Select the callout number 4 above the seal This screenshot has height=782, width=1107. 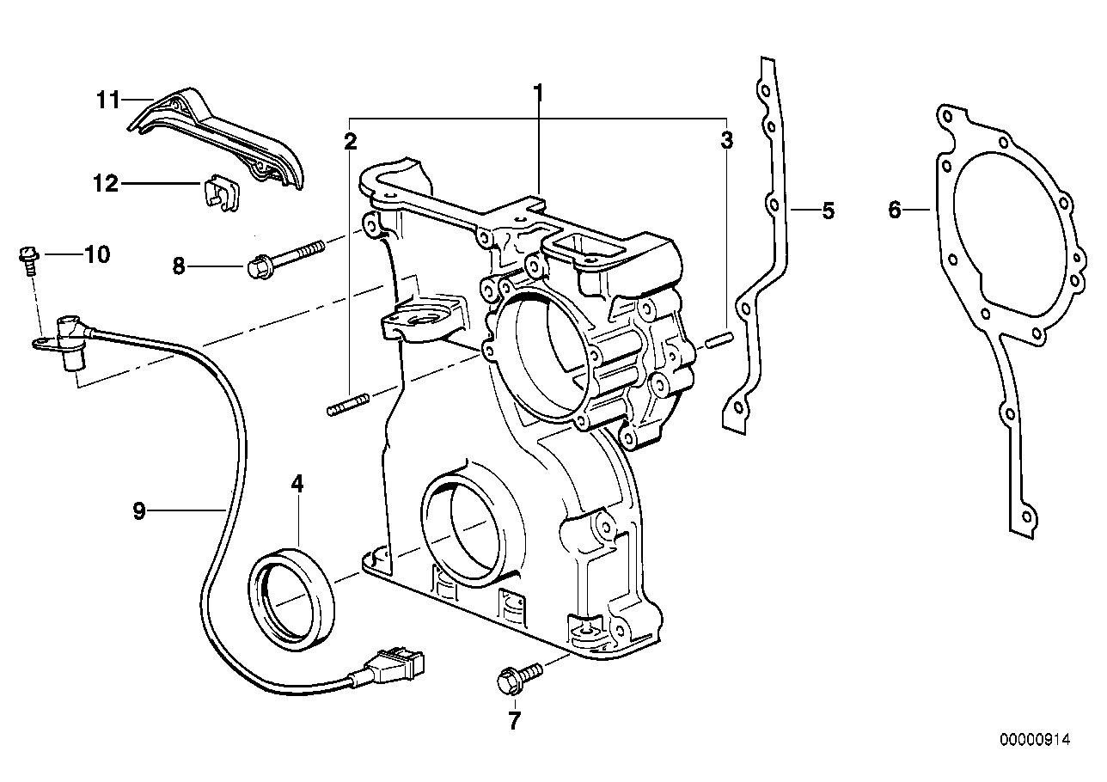coord(297,484)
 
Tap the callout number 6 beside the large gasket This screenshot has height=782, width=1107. coord(895,209)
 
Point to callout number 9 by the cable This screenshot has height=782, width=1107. coord(139,511)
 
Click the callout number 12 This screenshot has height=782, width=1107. coord(106,183)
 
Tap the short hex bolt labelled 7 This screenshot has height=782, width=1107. coord(514,675)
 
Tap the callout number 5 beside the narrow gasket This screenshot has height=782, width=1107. coord(828,210)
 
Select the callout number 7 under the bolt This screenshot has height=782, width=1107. coord(514,721)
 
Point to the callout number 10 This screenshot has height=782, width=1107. coord(96,254)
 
